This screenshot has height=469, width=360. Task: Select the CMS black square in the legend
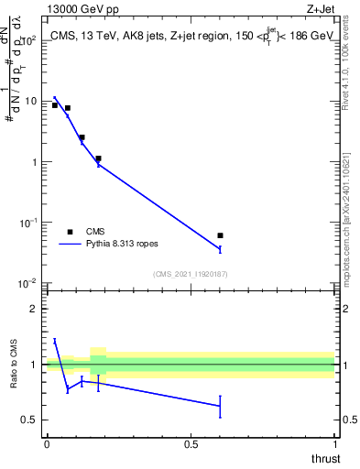71,232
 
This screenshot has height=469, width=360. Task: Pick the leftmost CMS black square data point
55,105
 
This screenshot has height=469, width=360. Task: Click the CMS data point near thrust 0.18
98,158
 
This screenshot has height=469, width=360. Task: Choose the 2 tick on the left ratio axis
35,309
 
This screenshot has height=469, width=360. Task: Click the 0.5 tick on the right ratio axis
347,420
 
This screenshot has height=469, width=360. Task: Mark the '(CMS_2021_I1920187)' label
190,273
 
